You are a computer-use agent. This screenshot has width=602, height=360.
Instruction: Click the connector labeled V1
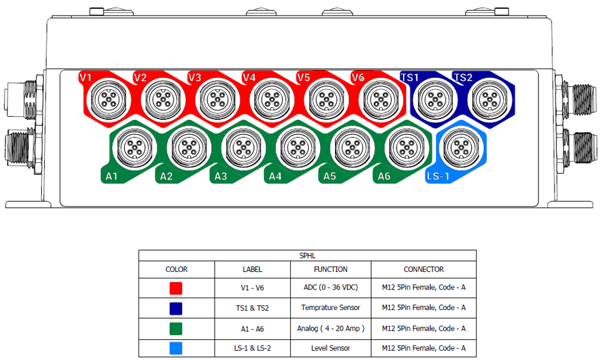pos(109,100)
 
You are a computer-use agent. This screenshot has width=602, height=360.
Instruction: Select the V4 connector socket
pos(272,100)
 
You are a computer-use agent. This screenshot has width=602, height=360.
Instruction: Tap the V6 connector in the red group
pos(381,100)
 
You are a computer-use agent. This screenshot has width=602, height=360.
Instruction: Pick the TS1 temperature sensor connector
pos(435,100)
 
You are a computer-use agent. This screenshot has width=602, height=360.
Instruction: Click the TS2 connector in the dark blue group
pos(490,100)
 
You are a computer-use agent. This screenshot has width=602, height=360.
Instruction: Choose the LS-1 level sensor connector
pos(462,148)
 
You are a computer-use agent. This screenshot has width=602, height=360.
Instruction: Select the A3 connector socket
pos(244,148)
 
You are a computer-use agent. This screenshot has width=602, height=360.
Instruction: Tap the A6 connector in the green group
pos(407,148)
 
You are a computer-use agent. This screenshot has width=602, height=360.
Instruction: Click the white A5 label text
pos(329,176)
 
